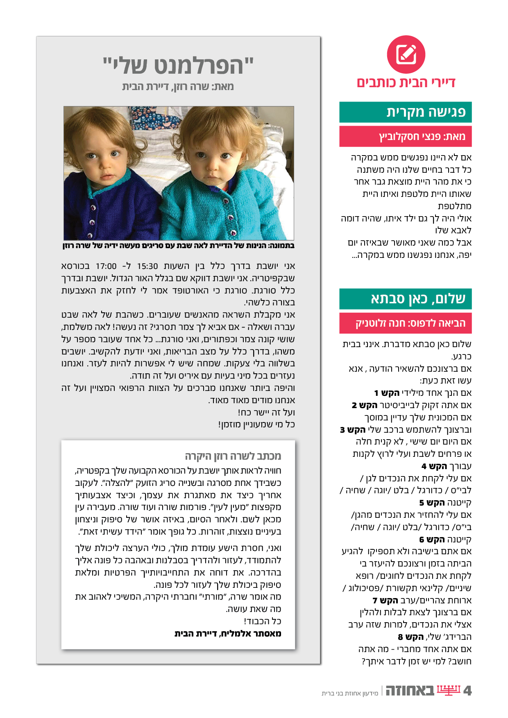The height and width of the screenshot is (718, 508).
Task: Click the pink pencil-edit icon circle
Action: [x=406, y=54]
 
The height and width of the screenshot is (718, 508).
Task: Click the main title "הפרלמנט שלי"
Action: [x=178, y=65]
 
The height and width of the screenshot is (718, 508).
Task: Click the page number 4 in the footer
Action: [x=467, y=691]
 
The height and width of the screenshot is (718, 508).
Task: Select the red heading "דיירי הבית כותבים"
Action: [x=406, y=83]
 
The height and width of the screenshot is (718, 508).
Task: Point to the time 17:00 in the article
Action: [x=106, y=266]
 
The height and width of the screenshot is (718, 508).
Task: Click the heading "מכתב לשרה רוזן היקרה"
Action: [x=233, y=456]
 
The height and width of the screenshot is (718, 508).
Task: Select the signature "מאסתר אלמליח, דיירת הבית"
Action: [x=228, y=634]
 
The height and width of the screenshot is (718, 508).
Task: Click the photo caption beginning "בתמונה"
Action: [x=178, y=246]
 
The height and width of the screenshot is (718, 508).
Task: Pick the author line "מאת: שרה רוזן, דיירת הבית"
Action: [x=178, y=86]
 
